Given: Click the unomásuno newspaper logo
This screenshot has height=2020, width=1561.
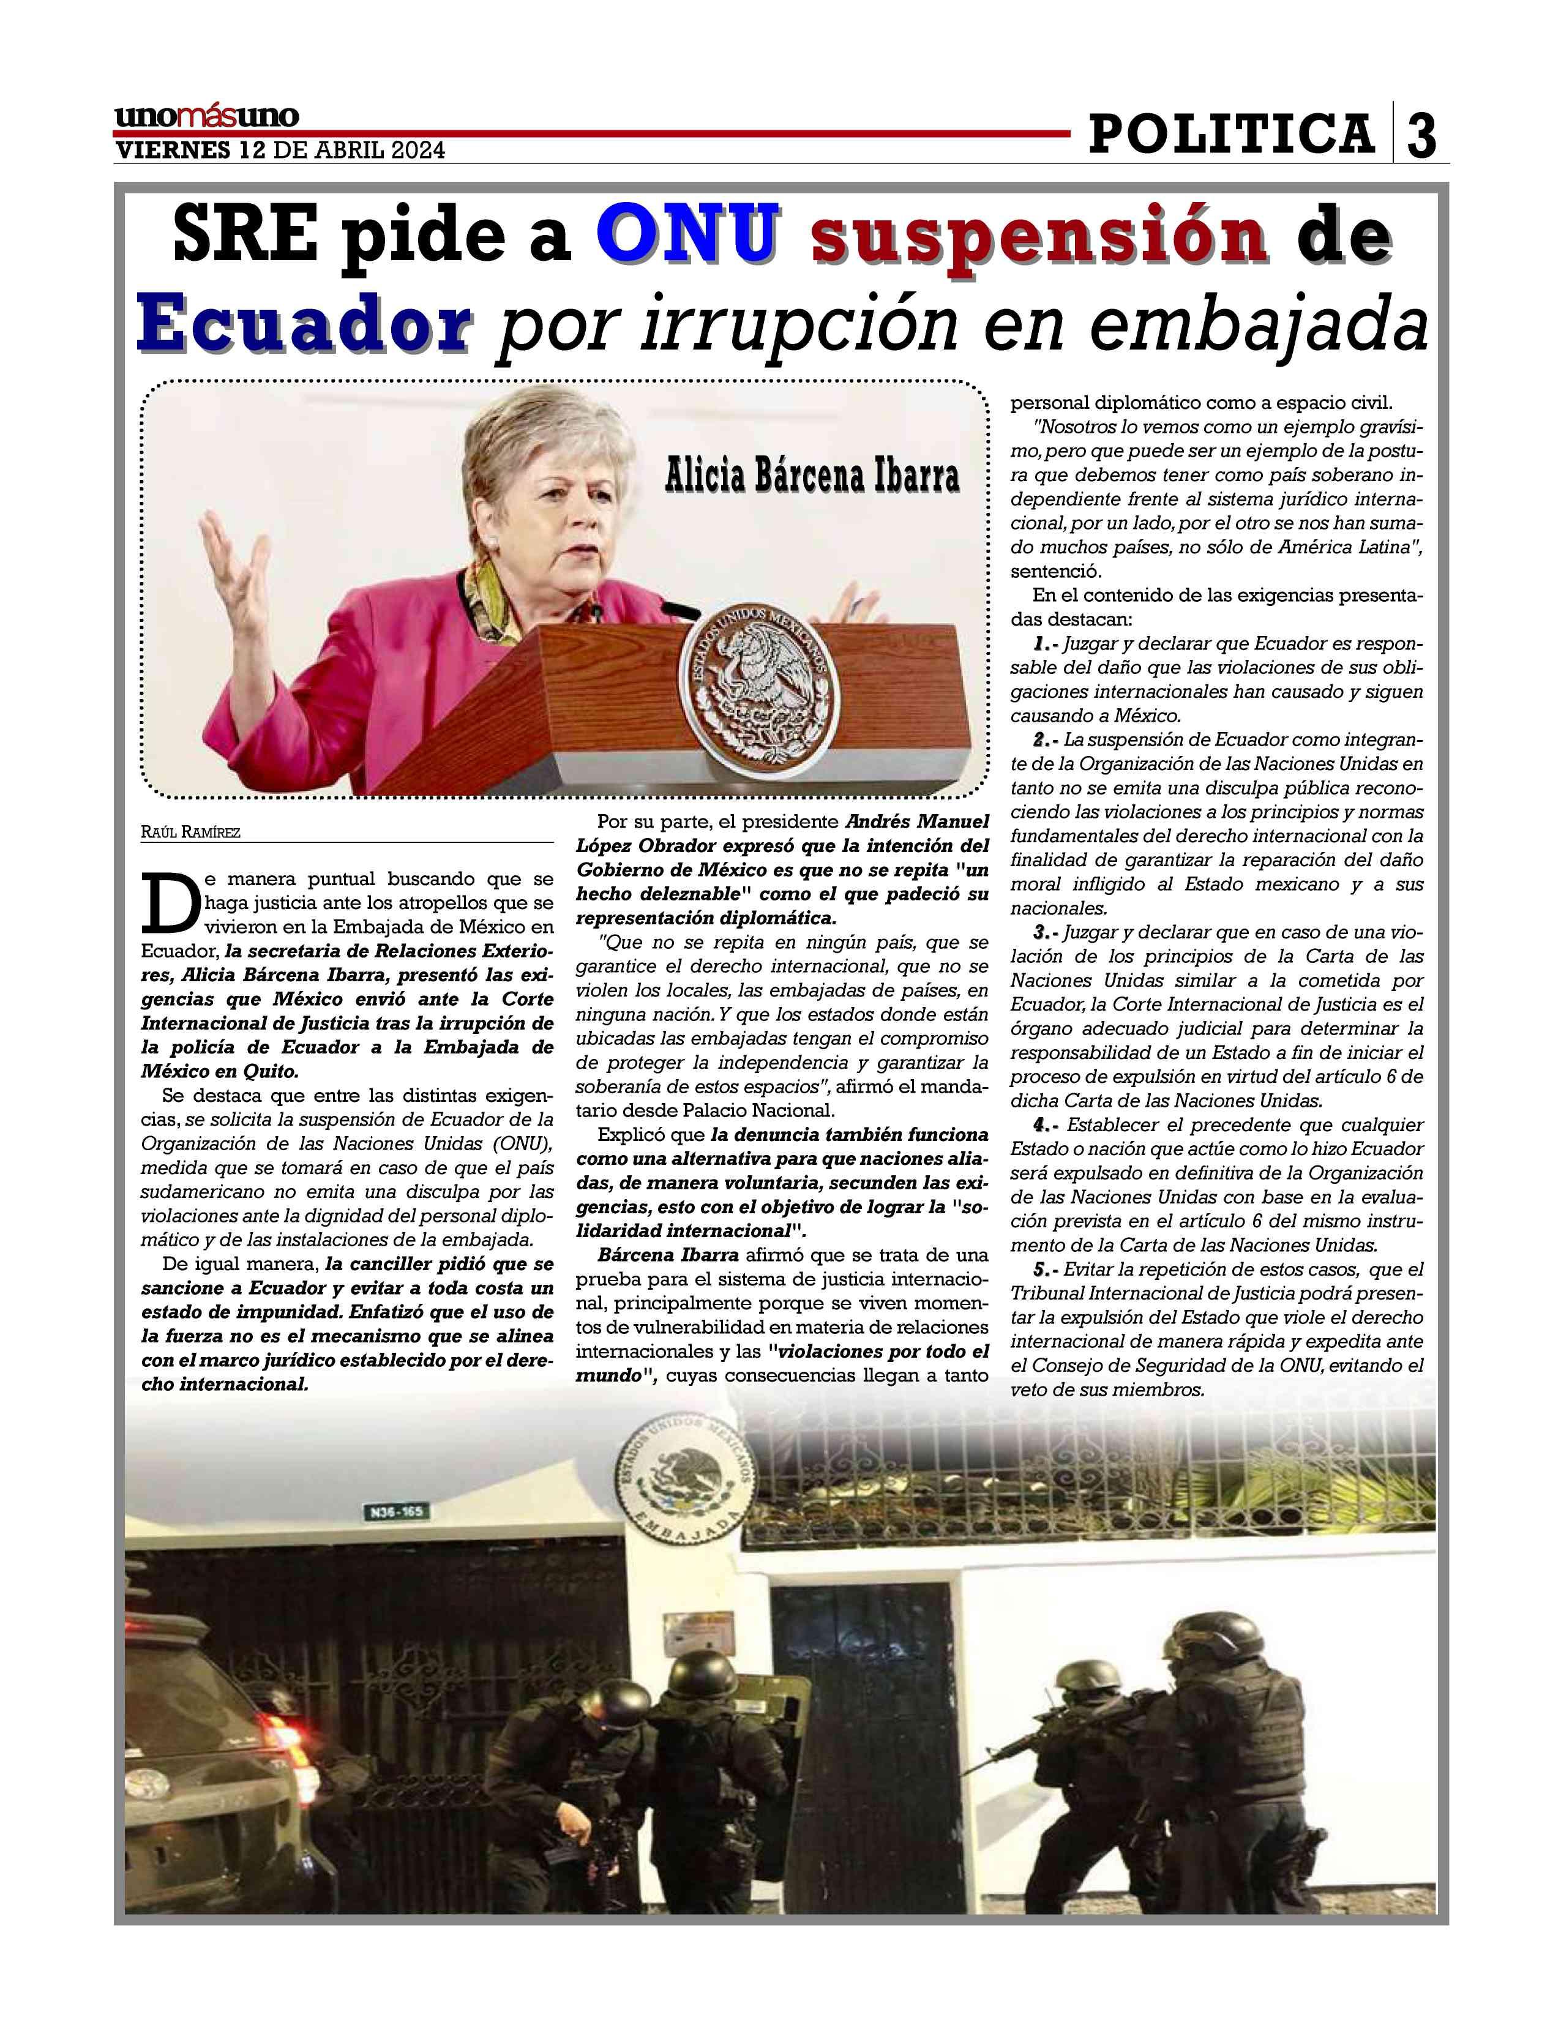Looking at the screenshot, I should tap(206, 118).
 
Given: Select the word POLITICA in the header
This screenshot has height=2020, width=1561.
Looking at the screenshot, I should tap(1231, 134).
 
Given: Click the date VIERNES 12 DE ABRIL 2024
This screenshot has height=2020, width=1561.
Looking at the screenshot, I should tap(279, 151).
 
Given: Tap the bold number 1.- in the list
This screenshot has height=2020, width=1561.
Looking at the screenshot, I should tap(1045, 643).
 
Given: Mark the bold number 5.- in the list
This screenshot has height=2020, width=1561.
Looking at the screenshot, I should tap(1045, 1269).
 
